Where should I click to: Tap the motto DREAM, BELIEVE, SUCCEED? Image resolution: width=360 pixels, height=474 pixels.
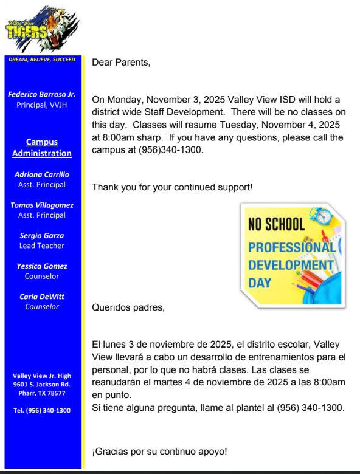click(42, 60)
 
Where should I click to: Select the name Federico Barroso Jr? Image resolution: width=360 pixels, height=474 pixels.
click(42, 94)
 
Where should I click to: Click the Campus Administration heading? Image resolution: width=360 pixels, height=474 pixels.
click(42, 148)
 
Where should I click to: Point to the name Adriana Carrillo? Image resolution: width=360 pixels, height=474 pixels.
click(42, 174)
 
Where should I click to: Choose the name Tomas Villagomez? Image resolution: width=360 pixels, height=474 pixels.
click(42, 205)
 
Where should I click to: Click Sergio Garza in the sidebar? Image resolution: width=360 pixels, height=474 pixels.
click(42, 235)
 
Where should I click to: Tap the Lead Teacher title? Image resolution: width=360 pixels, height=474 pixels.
click(42, 246)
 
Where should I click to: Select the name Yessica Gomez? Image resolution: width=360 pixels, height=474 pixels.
click(42, 266)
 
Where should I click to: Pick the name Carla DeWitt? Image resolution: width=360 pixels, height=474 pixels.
click(42, 297)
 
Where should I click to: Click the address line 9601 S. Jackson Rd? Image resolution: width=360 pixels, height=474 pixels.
click(42, 384)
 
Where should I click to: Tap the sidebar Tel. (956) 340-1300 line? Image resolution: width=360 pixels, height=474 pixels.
click(42, 410)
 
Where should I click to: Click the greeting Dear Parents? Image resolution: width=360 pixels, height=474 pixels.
click(121, 62)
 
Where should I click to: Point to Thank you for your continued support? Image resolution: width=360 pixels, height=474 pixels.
click(172, 187)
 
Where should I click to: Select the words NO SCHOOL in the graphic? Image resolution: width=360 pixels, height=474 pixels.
click(277, 224)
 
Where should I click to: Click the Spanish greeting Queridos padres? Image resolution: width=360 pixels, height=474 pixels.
click(128, 307)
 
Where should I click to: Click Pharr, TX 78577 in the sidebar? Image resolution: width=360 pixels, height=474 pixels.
click(42, 393)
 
